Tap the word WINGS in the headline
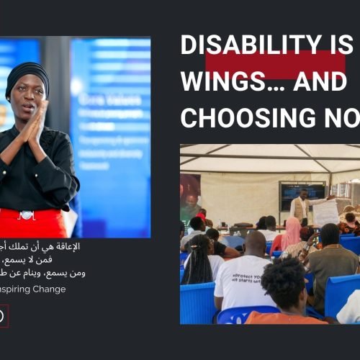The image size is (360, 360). click(216, 82)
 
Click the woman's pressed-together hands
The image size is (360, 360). click(36, 122)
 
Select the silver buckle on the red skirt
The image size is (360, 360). click(27, 214)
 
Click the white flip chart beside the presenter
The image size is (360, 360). click(325, 212)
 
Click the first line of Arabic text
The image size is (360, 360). click(47, 247)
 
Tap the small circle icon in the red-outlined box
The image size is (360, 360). click(1, 315)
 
